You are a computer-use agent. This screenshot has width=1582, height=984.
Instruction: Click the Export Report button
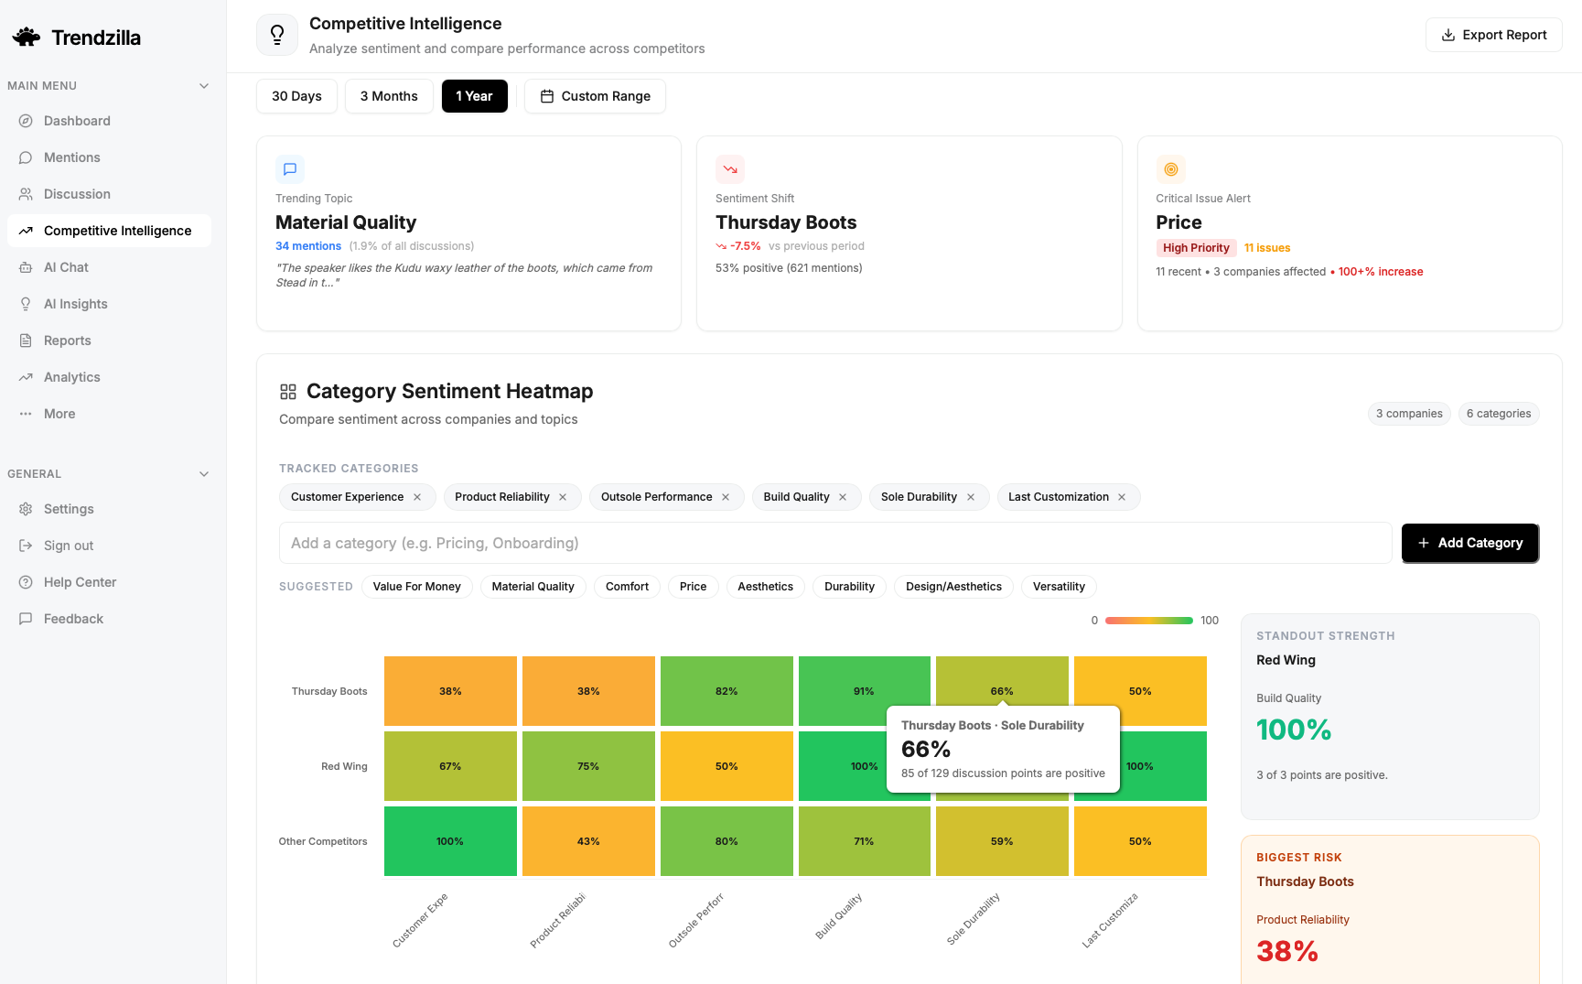pyautogui.click(x=1493, y=35)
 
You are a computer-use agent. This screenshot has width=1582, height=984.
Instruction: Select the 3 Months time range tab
pyautogui.click(x=389, y=96)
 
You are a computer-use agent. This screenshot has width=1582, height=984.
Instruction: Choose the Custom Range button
pyautogui.click(x=595, y=96)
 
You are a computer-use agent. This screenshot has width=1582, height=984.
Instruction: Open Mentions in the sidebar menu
pyautogui.click(x=71, y=157)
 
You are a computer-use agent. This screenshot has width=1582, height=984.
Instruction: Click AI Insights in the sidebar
pyautogui.click(x=75, y=304)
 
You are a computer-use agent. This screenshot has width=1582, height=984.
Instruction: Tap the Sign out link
pyautogui.click(x=68, y=546)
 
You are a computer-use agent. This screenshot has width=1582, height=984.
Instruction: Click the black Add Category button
pyautogui.click(x=1469, y=543)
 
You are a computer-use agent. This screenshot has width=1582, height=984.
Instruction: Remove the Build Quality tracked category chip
pyautogui.click(x=843, y=497)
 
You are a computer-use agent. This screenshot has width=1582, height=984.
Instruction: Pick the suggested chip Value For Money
pyautogui.click(x=416, y=587)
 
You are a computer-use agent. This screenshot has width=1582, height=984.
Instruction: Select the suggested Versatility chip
pyautogui.click(x=1059, y=587)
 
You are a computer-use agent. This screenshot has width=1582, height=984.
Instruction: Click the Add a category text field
pyautogui.click(x=834, y=543)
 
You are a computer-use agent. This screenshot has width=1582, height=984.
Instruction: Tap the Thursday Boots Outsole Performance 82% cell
pyautogui.click(x=726, y=691)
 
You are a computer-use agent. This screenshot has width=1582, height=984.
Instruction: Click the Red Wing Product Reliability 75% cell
pyautogui.click(x=588, y=766)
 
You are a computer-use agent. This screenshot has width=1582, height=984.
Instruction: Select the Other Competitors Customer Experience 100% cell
pyautogui.click(x=450, y=841)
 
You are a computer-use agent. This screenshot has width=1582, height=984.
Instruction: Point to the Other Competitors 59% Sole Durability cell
pyautogui.click(x=1002, y=841)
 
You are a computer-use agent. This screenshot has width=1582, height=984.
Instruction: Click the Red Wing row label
pyautogui.click(x=344, y=766)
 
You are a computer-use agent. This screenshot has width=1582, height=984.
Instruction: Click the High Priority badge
pyautogui.click(x=1196, y=248)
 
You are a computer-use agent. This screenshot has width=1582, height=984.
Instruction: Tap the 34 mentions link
pyautogui.click(x=308, y=246)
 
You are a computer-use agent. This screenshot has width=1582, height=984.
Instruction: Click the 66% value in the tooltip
pyautogui.click(x=926, y=750)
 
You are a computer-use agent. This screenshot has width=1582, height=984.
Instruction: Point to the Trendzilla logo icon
pyautogui.click(x=27, y=38)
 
